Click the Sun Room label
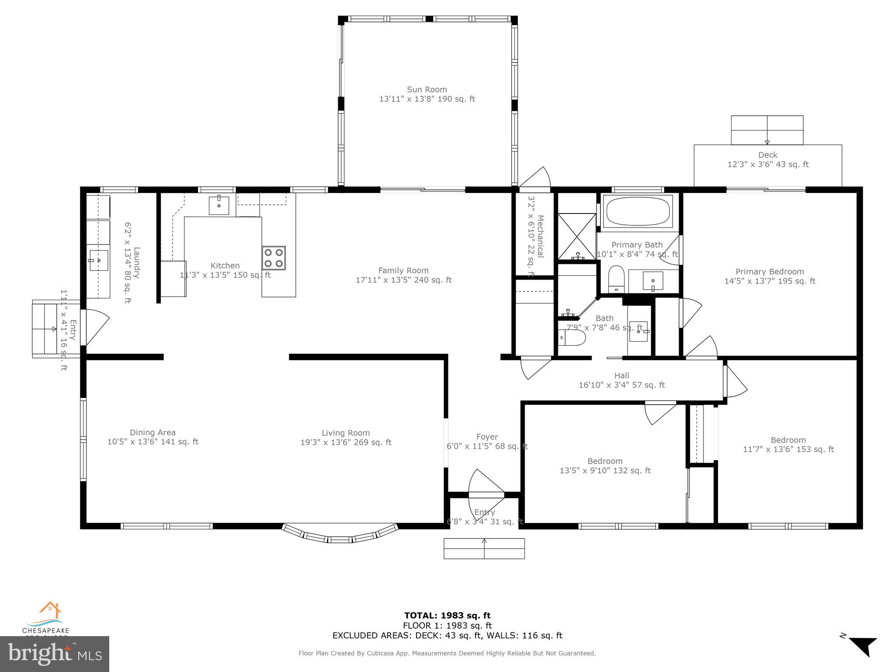pos(427,90)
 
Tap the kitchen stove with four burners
pos(274,258)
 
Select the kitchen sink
pos(219,205)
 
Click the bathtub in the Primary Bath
pos(638,211)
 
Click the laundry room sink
pos(99,260)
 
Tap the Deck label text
pos(767,155)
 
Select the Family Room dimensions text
pos(403,280)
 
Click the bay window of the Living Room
pos(340,535)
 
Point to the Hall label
pos(621,375)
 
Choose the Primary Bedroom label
pos(770,272)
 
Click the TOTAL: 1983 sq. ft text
pos(447,616)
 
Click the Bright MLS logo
pos(55,654)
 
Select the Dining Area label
pos(153,432)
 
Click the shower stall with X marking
pos(577,236)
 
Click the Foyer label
pos(487,437)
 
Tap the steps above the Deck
pos(767,130)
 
